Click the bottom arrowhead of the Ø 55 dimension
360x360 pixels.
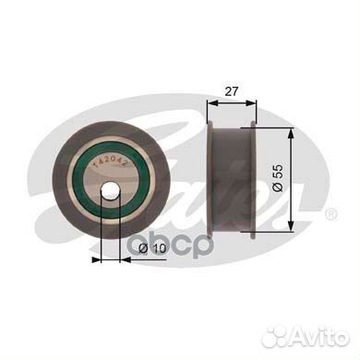292,225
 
